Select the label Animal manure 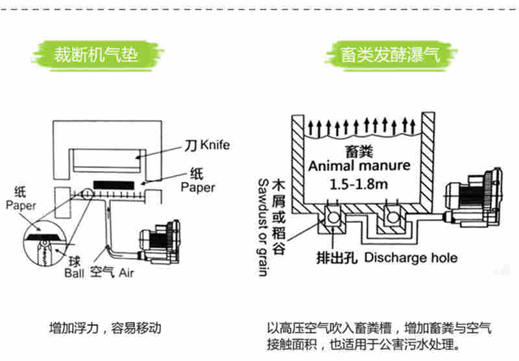pos(359,165)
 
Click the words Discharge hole pos(411,257)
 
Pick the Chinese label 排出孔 pos(338,257)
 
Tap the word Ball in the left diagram pos(74,273)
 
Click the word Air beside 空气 pos(126,273)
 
